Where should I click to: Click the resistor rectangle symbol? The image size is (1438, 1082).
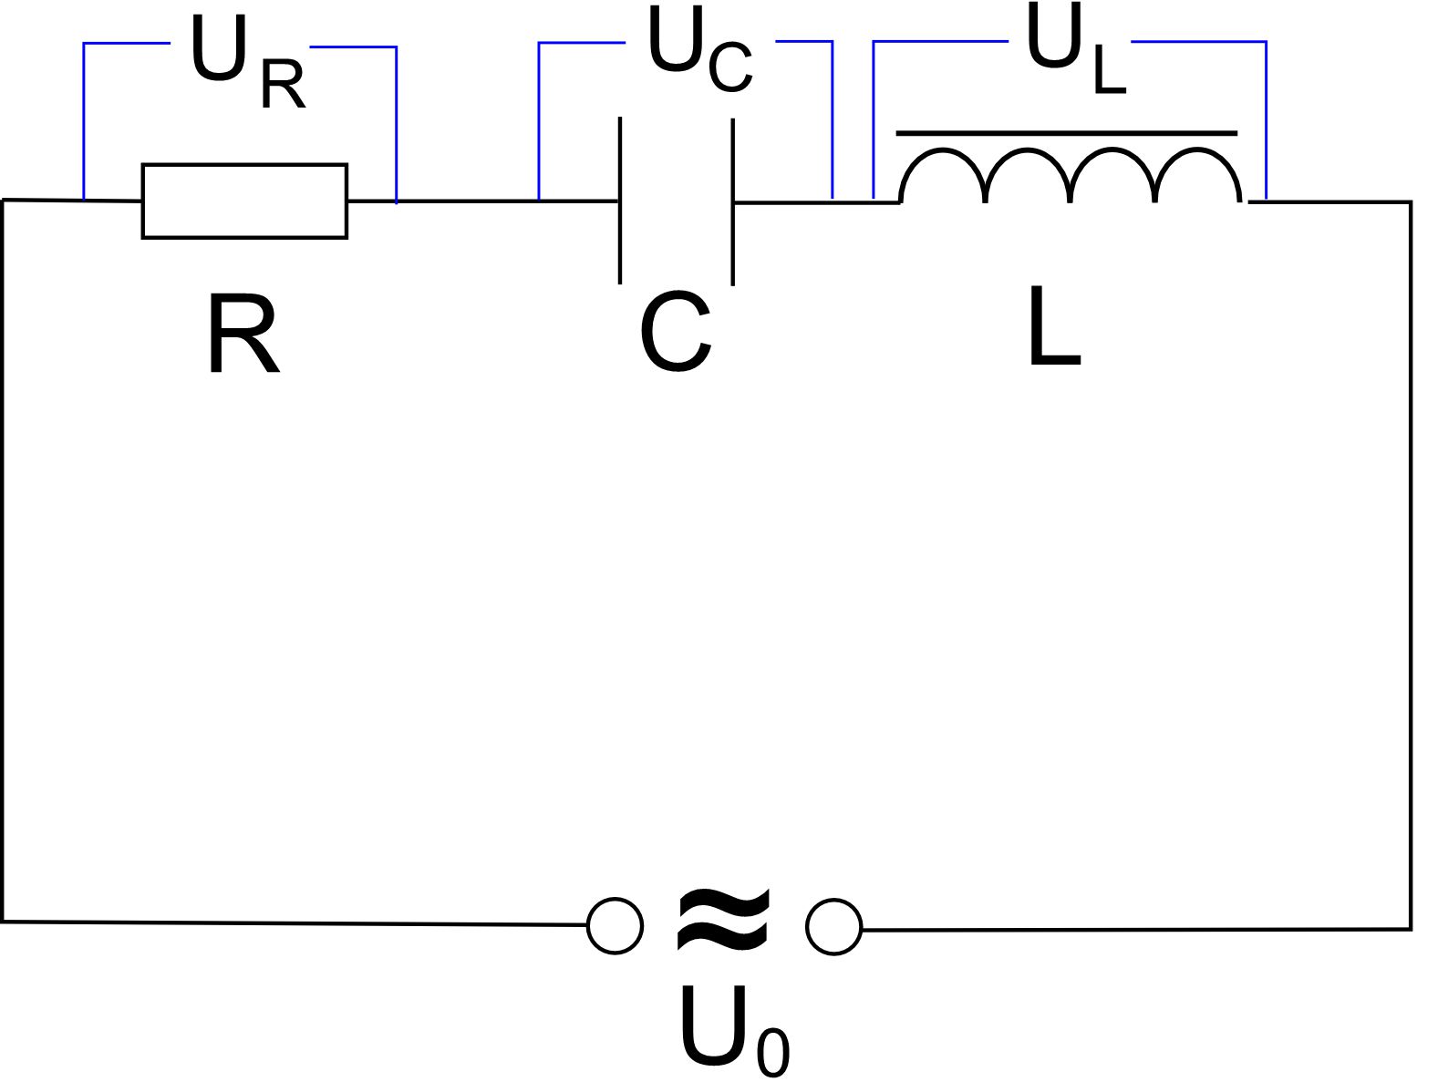[244, 201]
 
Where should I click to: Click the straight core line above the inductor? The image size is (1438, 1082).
[1067, 133]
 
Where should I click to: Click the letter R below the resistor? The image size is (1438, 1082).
[243, 335]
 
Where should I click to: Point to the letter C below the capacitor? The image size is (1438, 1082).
[675, 335]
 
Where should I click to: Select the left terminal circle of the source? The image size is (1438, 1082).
[615, 926]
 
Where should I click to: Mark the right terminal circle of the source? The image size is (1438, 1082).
[833, 927]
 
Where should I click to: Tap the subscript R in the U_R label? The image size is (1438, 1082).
[282, 87]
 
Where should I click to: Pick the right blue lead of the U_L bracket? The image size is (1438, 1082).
[1266, 119]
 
